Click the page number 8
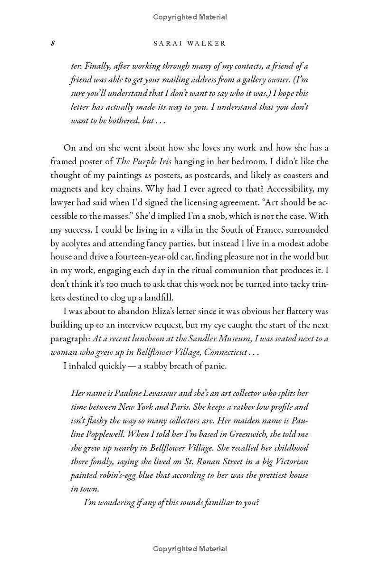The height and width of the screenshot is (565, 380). tap(53, 43)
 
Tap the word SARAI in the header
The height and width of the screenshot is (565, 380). tap(169, 43)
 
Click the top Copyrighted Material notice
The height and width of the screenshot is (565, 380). tap(190, 17)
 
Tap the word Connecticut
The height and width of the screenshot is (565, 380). tap(226, 352)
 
